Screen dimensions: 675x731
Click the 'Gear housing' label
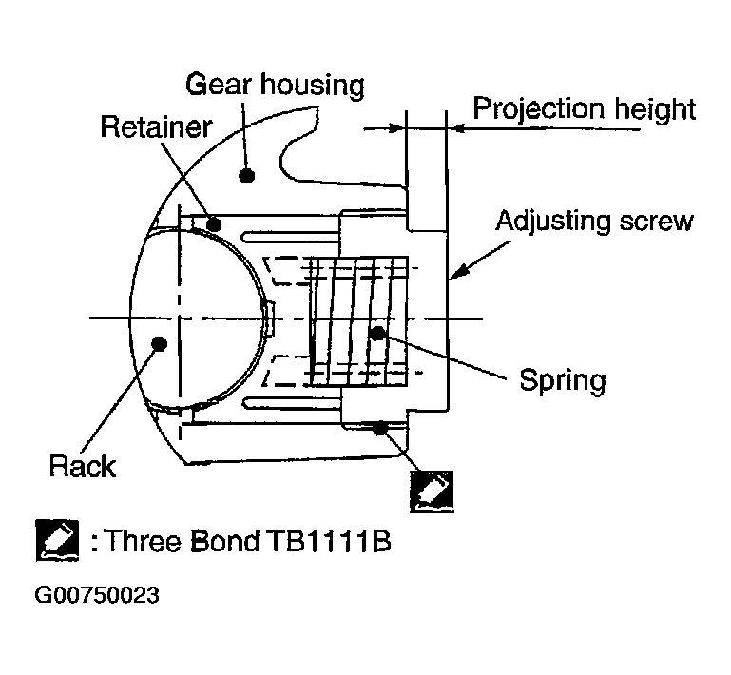click(x=274, y=86)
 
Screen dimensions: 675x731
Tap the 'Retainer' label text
click(x=156, y=127)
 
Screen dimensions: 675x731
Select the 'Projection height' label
click(x=585, y=108)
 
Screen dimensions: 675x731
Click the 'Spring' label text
click(x=562, y=381)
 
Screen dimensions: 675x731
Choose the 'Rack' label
click(x=84, y=466)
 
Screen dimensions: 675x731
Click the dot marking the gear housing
click(x=246, y=175)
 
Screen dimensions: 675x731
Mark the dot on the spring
click(x=377, y=333)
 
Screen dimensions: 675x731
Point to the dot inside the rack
click(x=158, y=345)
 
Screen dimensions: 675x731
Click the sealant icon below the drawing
click(x=431, y=490)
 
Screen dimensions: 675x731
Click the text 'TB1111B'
click(x=340, y=544)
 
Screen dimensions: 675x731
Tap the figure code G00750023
click(x=96, y=596)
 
